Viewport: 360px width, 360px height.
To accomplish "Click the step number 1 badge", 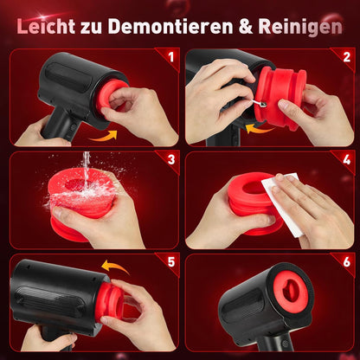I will coord(171,58).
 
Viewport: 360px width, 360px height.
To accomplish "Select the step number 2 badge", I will coord(346,58).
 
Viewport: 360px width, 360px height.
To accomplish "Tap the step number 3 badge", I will coord(171,160).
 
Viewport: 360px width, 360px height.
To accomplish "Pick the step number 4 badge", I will coord(346,160).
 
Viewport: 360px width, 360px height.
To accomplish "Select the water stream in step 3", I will coord(87,166).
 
